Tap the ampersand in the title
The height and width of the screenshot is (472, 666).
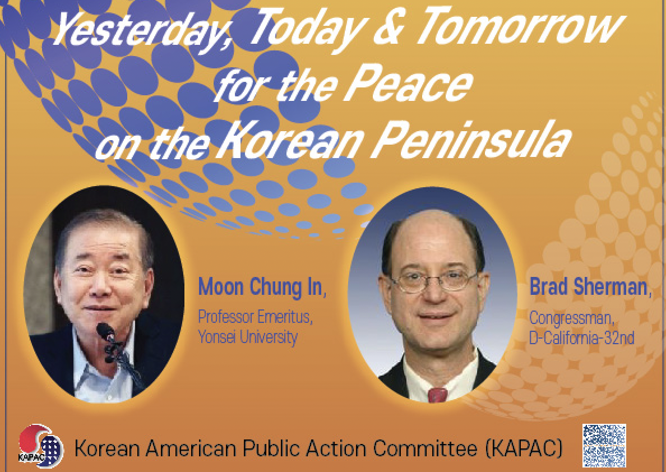tap(388, 27)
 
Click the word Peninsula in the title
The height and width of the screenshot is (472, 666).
tap(471, 140)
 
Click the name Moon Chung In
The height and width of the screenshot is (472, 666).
tap(261, 287)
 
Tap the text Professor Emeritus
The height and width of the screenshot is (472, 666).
tap(255, 317)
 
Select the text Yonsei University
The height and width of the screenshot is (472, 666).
tap(248, 337)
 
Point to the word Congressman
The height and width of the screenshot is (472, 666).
tap(571, 318)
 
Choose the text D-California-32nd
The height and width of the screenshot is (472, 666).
tap(581, 338)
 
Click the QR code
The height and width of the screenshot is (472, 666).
tap(604, 445)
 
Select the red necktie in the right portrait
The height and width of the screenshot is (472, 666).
tap(437, 395)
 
